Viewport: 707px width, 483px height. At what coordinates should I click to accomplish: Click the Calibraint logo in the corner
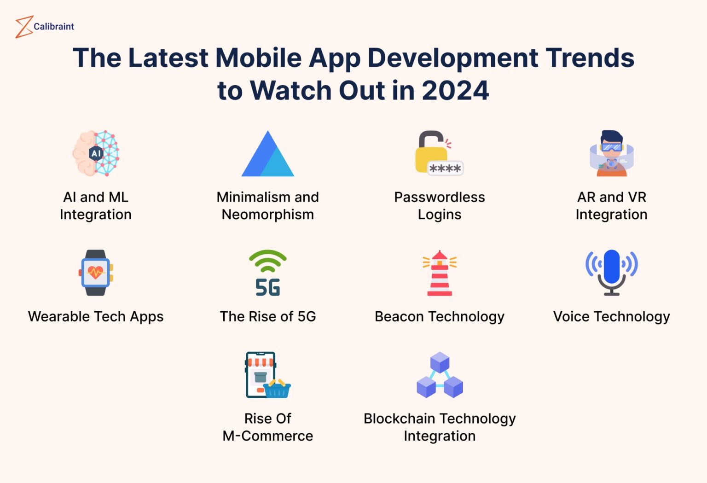pos(44,27)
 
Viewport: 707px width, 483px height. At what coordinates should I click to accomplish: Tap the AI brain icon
pos(96,153)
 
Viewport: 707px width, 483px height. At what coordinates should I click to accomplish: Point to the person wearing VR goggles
pos(611,153)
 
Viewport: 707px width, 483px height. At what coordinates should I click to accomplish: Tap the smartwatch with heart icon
pos(96,273)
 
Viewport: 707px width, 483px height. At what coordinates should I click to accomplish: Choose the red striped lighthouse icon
pos(440,274)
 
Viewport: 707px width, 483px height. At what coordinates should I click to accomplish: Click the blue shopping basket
pos(277,390)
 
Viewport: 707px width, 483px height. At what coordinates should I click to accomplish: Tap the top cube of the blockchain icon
pos(440,362)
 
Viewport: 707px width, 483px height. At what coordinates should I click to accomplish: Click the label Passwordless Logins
pos(440,206)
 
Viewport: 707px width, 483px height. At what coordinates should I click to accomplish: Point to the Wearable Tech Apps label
pos(96,317)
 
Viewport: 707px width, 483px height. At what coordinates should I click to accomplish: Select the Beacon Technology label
pos(440,317)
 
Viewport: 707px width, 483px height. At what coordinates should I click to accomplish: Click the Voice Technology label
pos(611,317)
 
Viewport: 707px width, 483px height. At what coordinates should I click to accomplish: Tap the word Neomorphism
pos(268,215)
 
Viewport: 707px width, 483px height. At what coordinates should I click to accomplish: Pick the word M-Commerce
pos(268,436)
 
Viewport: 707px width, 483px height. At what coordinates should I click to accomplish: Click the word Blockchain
pos(399,419)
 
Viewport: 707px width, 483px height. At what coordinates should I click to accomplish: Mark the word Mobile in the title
pos(258,58)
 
